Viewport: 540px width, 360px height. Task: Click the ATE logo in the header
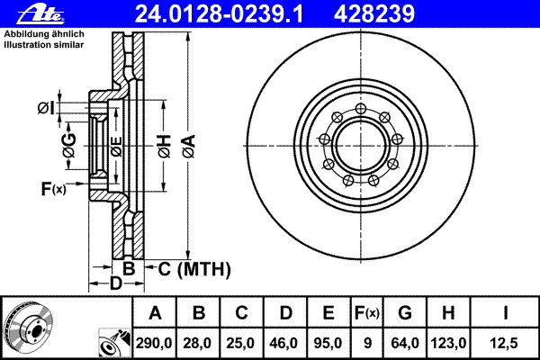(40, 14)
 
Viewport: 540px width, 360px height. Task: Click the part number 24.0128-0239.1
(219, 14)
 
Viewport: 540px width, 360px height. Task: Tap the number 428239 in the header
(374, 14)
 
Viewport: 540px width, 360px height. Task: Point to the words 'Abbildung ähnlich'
(44, 34)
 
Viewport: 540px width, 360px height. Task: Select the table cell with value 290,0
(154, 343)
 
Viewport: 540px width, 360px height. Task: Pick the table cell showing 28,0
(198, 343)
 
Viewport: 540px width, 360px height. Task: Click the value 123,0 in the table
(448, 343)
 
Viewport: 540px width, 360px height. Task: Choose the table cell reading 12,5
(504, 343)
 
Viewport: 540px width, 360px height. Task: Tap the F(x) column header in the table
(367, 313)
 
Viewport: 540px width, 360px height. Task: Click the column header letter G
(405, 313)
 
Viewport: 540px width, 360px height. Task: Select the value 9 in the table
(367, 343)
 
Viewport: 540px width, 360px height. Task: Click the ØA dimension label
(189, 146)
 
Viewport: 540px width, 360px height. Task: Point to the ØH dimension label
(165, 146)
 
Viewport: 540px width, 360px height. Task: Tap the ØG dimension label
(70, 146)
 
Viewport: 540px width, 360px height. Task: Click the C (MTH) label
(193, 269)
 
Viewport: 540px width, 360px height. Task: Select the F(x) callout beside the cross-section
(53, 189)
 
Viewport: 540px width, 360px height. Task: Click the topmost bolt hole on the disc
(360, 109)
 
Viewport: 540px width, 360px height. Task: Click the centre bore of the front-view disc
(360, 146)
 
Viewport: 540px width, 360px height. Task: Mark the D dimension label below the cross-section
(116, 283)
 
